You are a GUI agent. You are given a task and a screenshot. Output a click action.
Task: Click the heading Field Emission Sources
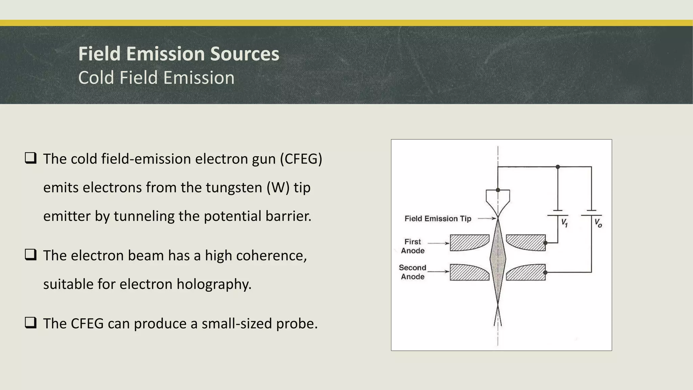coord(179,54)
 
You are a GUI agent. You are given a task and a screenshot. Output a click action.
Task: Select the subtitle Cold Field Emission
coord(156,78)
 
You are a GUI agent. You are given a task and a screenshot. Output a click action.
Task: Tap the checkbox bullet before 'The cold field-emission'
coord(30,158)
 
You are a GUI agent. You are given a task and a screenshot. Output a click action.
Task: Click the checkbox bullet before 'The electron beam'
coord(30,255)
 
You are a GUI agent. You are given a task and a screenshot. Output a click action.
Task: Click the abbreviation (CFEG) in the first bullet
coord(301,159)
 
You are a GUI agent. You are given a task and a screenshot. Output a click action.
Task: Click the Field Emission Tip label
coord(438,219)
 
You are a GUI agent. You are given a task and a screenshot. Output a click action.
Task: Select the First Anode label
coord(413,246)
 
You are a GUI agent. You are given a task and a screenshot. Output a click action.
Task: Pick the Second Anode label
coord(412,272)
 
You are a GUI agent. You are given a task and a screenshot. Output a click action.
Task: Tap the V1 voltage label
coord(564,223)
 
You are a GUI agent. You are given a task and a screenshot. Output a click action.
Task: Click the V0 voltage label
coord(598,223)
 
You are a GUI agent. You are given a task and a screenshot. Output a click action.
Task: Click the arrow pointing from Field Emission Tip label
coord(487,219)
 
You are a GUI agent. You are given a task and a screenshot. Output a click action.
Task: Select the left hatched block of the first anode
coord(469,242)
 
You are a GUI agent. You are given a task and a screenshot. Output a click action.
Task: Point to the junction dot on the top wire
coord(558,167)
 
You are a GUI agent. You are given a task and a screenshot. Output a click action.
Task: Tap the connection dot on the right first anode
coord(545,243)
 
